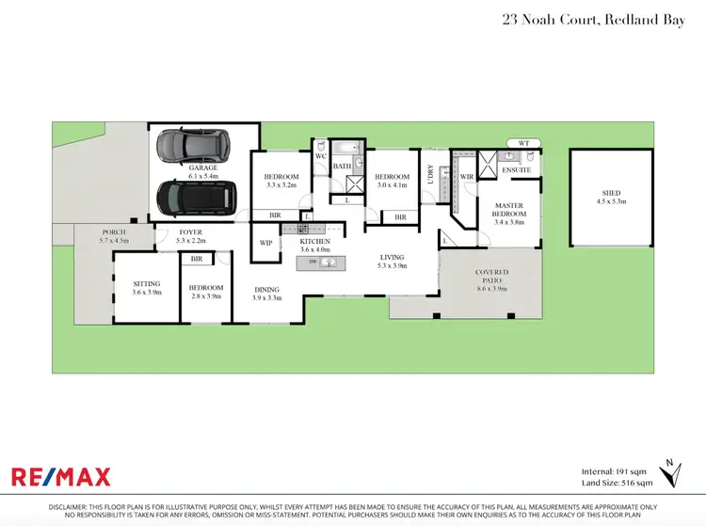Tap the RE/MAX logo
point(61,476)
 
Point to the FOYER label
point(191,232)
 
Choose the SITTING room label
point(146,283)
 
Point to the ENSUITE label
point(516,170)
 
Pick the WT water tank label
point(524,143)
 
